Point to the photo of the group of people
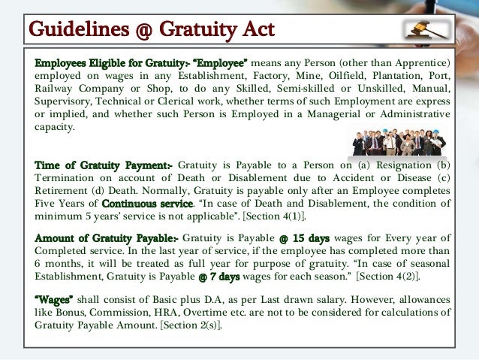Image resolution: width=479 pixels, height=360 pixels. coord(398,138)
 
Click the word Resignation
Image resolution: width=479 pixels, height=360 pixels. coord(398,164)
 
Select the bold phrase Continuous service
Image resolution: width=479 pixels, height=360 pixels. coord(146,203)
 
